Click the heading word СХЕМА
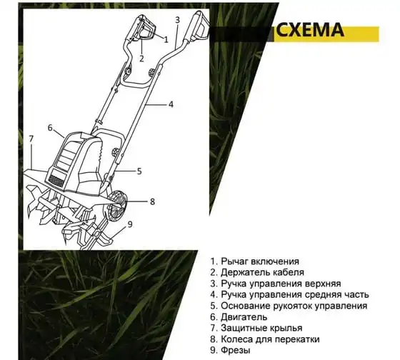tap(310, 31)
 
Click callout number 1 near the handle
tap(166, 39)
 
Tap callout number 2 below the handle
tap(141, 59)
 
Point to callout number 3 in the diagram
tap(178, 20)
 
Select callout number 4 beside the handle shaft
tap(171, 104)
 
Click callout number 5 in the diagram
tap(139, 171)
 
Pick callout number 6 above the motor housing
tap(50, 127)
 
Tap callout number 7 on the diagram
tap(31, 139)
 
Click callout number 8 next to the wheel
tap(152, 202)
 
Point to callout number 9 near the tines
tap(130, 224)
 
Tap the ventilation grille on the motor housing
tap(56, 181)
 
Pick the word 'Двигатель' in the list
tap(244, 317)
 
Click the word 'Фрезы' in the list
tap(236, 350)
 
